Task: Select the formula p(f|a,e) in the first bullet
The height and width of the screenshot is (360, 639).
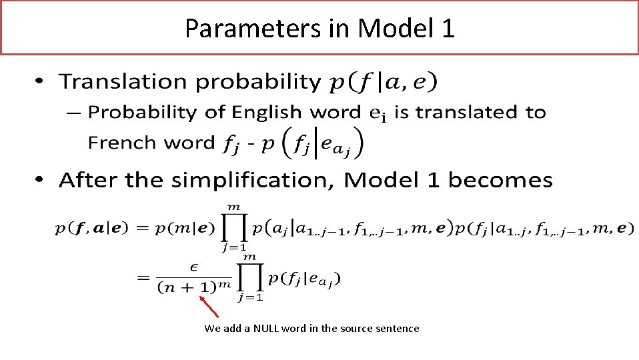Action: [x=384, y=83]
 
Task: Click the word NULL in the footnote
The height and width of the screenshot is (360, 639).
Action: [x=265, y=329]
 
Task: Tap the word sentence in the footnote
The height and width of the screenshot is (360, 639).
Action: [x=398, y=329]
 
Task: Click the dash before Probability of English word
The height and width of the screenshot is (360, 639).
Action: [x=74, y=113]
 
